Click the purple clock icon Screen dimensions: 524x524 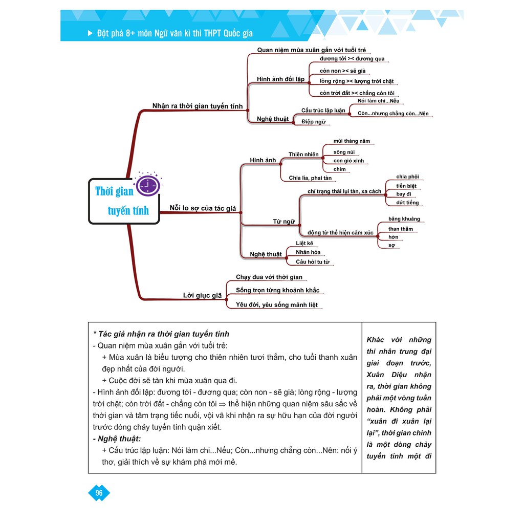coord(146,184)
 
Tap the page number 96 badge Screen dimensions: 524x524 coord(99,493)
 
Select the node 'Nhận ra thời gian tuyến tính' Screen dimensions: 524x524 coord(197,106)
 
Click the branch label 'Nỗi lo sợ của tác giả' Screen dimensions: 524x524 coord(203,208)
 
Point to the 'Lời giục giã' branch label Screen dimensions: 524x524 coord(202,295)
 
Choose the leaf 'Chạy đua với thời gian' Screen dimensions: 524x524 coord(269,277)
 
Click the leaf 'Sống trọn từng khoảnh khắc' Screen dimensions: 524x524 coord(277,291)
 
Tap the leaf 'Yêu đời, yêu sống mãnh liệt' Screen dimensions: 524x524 coord(276,305)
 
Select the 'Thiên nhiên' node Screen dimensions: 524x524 coord(303,154)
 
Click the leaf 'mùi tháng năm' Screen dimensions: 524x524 coord(351,141)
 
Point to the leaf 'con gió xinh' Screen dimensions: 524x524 coord(348,161)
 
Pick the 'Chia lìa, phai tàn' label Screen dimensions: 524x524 coord(310,178)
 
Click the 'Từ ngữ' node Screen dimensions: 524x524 coord(283,222)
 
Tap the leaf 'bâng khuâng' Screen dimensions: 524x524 coord(404,219)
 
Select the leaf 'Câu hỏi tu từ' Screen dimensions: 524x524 coord(313,262)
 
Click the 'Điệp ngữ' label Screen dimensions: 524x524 coord(313,122)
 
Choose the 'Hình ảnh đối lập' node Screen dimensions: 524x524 coord(280,79)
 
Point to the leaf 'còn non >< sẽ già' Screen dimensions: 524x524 coord(342,71)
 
